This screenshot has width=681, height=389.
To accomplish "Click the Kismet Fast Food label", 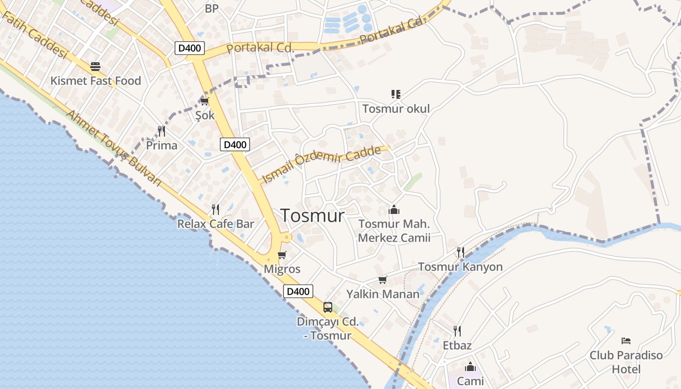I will tap(95, 81).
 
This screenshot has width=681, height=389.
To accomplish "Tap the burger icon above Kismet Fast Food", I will tap(95, 67).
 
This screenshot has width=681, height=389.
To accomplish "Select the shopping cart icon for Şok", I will tap(204, 101).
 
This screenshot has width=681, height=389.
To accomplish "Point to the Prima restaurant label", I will tap(161, 145).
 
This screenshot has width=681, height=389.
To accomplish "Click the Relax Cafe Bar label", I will tap(215, 224).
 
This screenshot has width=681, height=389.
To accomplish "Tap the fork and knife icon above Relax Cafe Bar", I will tap(215, 210).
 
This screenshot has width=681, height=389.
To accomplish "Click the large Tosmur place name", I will tap(312, 215).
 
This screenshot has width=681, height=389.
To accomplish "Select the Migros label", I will tap(282, 269).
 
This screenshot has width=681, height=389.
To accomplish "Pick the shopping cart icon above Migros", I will tap(282, 255).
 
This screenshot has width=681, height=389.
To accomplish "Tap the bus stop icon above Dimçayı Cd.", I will tap(328, 307).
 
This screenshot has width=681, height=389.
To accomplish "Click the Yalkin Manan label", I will tap(383, 294).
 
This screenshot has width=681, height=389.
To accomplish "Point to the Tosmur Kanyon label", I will tap(460, 267).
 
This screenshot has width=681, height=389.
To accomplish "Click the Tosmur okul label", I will tap(396, 108).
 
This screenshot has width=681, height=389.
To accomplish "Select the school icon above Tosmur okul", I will tap(396, 94).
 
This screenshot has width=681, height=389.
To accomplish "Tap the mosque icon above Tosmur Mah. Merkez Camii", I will tap(394, 210).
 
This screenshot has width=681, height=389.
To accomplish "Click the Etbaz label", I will tap(457, 345).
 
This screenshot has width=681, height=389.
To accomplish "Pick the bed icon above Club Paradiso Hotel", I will tap(626, 341).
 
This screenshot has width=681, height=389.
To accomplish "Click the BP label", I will tap(212, 8).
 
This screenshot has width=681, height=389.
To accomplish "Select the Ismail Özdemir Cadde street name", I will tap(321, 164).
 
